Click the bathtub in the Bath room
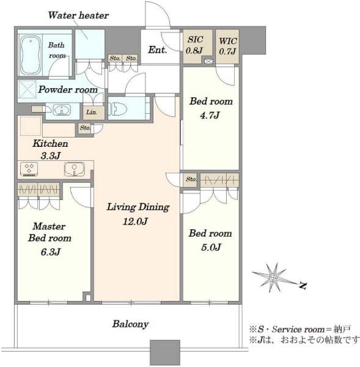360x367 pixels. (x=31, y=55)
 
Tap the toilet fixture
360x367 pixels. (x=117, y=109)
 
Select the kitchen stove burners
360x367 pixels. (x=29, y=169)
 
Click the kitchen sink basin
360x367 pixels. (x=75, y=169)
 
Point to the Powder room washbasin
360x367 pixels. (x=62, y=109)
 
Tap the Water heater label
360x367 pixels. (x=78, y=15)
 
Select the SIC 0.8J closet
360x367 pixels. (x=197, y=46)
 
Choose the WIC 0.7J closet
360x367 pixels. (x=227, y=46)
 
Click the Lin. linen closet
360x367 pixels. (x=94, y=112)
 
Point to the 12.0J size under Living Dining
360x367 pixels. (x=135, y=221)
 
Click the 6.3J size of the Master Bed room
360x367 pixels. (x=51, y=252)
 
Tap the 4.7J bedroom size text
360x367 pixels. (x=210, y=115)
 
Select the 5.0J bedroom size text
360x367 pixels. (x=211, y=247)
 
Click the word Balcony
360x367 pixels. (x=130, y=324)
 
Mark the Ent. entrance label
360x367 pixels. (x=158, y=50)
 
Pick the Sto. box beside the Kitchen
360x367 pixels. (x=84, y=128)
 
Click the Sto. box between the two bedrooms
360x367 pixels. (x=191, y=179)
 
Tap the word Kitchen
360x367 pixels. (x=50, y=144)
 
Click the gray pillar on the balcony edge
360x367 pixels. (x=165, y=352)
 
